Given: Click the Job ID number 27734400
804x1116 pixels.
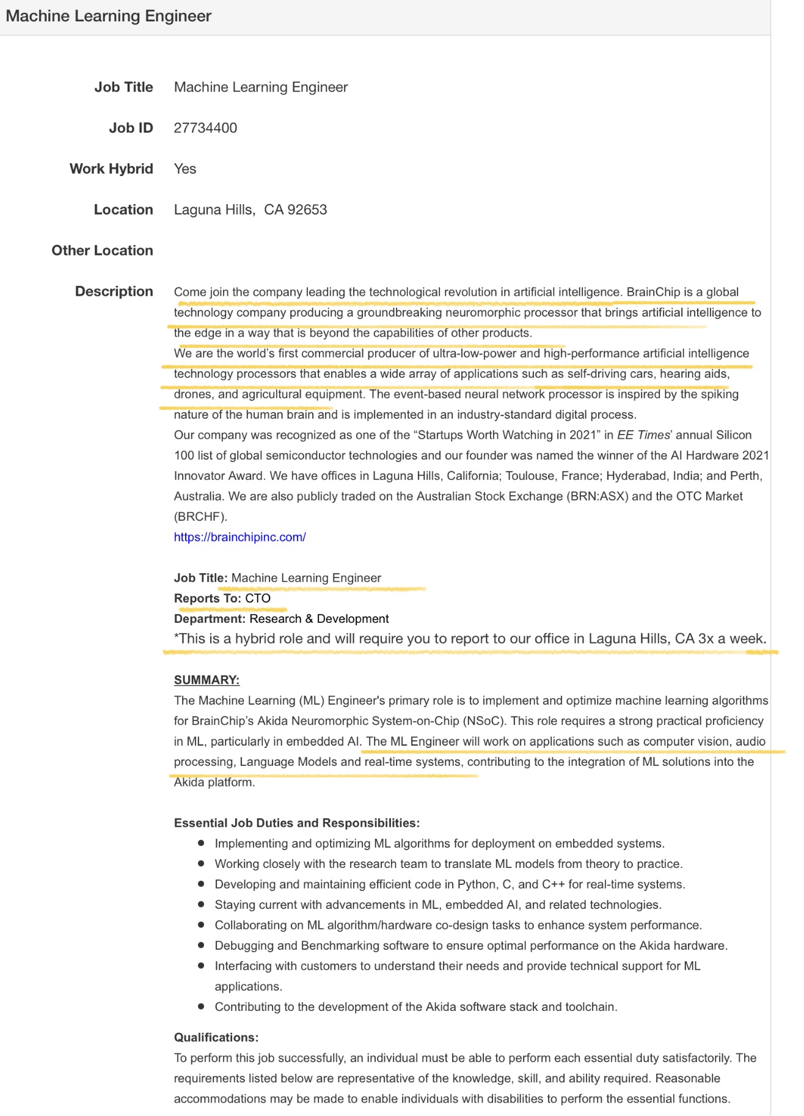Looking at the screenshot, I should pos(205,128).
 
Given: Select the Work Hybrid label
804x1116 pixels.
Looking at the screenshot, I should pos(111,169).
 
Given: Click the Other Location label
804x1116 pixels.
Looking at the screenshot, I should pos(102,251).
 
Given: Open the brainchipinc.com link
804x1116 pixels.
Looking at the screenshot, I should pos(239,537).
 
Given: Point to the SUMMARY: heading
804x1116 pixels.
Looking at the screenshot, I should pos(206,680).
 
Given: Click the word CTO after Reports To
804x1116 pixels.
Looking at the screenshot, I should pos(258,598).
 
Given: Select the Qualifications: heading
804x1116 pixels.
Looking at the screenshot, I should pos(216,1037).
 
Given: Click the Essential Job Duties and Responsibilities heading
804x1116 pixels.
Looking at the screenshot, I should pos(296,823).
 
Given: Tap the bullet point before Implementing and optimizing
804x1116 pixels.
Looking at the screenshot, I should pos(201,843).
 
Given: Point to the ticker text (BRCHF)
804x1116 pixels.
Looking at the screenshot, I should pos(200,517).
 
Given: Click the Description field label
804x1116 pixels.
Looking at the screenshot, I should pos(114,292).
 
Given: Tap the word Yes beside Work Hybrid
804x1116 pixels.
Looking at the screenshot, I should pos(185,169).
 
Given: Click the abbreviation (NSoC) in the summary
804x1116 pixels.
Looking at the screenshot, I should pos(483,721).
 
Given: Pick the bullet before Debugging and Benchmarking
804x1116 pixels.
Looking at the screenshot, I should pos(201,945).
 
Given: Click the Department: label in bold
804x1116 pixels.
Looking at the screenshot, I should pos(210,619).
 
